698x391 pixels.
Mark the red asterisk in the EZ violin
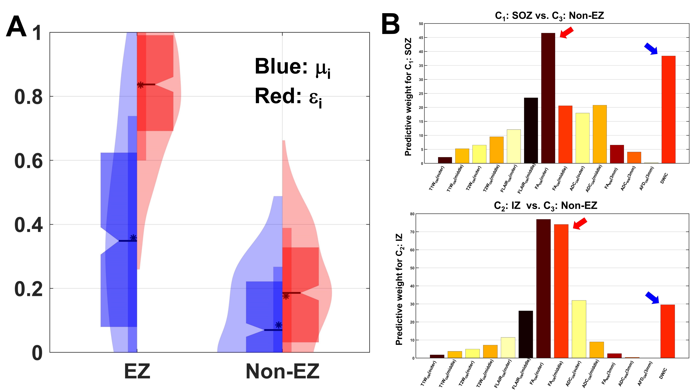tap(140, 85)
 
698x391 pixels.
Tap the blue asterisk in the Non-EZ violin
tap(279, 325)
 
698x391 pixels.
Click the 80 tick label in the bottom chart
tap(412, 214)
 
